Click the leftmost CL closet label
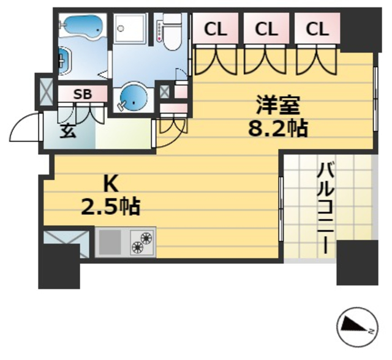coord(214,28)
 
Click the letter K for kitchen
coord(110,184)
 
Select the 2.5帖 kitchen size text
coord(111,207)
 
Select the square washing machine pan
coord(130,28)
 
